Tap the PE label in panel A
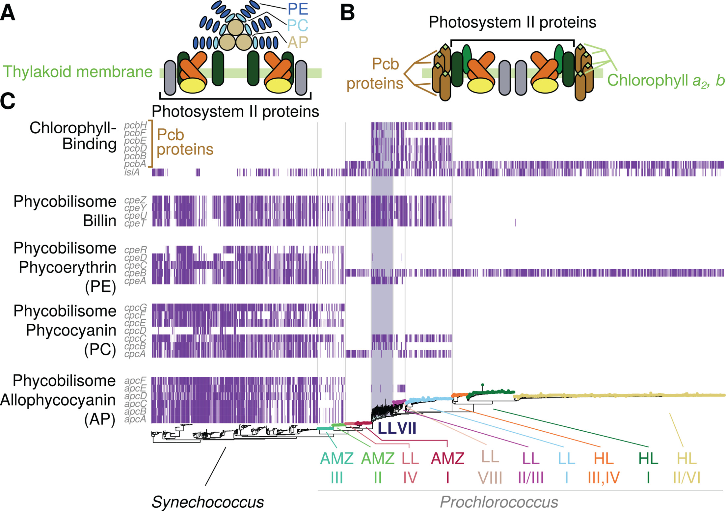pyautogui.click(x=298, y=9)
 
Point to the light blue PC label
pyautogui.click(x=297, y=25)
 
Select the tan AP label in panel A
pyautogui.click(x=298, y=42)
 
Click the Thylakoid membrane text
pyautogui.click(x=78, y=72)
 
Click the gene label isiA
pyautogui.click(x=132, y=172)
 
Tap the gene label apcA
pyautogui.click(x=135, y=419)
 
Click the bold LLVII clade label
pyautogui.click(x=397, y=428)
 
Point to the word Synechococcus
pyautogui.click(x=208, y=502)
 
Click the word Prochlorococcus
pyautogui.click(x=499, y=502)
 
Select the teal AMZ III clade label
pyautogui.click(x=337, y=468)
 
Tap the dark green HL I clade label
pyautogui.click(x=648, y=468)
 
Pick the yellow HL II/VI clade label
pyautogui.click(x=686, y=468)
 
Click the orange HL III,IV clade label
pyautogui.click(x=604, y=468)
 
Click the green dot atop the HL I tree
pyautogui.click(x=482, y=385)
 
